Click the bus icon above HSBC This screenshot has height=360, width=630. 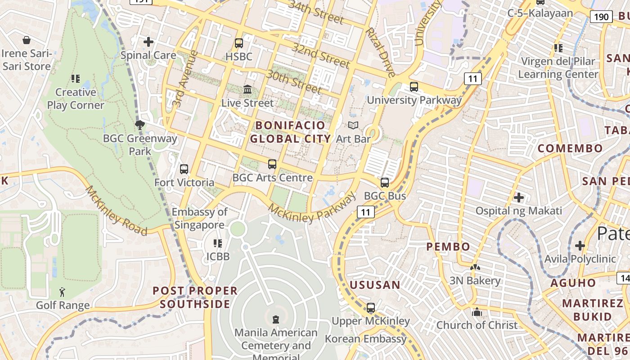point(239,43)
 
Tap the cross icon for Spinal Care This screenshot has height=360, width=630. point(148,42)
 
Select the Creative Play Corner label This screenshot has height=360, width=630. point(76,99)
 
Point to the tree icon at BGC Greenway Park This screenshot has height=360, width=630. point(140,125)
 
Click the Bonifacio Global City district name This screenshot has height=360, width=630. point(290,132)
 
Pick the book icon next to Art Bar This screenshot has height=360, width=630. point(354,126)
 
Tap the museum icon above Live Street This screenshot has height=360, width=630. point(247,90)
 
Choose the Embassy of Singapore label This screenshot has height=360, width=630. point(199,218)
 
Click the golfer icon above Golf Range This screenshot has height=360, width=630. point(62,292)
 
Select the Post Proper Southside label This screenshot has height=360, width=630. point(195,297)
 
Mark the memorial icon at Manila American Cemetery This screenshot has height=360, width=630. point(276,319)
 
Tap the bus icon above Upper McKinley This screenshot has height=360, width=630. point(371,308)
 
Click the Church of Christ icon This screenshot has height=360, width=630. point(477,312)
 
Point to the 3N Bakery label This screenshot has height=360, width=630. point(475,281)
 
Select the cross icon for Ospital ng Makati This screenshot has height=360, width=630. point(519,197)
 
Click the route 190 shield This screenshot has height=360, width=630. point(601,18)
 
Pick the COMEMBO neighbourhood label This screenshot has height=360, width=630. point(570,148)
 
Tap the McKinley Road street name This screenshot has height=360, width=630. point(116,211)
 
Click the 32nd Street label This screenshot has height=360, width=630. point(320,55)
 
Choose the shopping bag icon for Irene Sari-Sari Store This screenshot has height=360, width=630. point(27,40)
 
